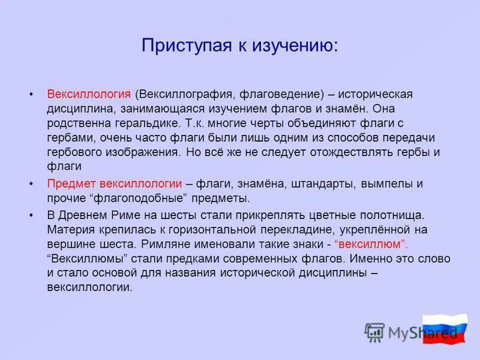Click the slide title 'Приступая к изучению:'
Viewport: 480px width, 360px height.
click(239, 45)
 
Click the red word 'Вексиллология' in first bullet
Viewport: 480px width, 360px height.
click(89, 95)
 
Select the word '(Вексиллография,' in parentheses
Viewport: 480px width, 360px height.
click(186, 95)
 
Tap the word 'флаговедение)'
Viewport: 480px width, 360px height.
click(283, 95)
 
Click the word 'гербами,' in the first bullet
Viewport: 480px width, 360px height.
click(68, 138)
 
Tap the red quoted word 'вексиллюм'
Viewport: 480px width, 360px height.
click(371, 244)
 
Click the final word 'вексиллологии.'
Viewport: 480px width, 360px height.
click(89, 287)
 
